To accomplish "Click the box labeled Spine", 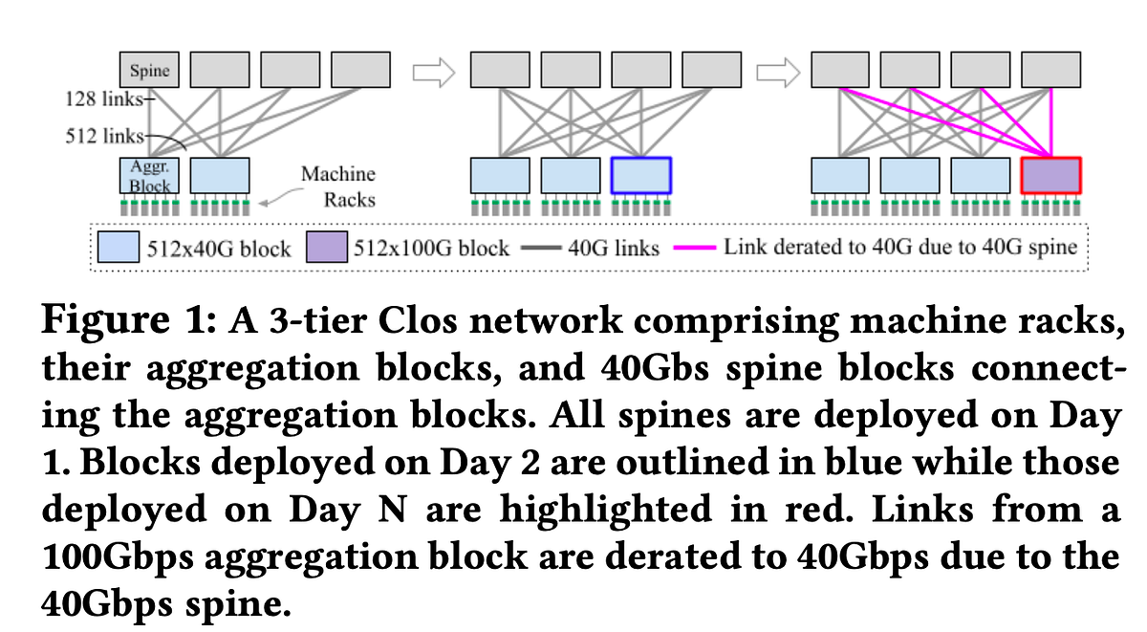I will coord(149,70).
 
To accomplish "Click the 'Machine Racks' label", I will coord(338,187).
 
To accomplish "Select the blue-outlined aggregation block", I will coord(641,175).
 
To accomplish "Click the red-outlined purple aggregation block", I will coord(1050,175).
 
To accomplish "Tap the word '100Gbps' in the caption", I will coord(119,556).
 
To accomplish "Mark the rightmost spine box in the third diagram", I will coord(1050,70).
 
